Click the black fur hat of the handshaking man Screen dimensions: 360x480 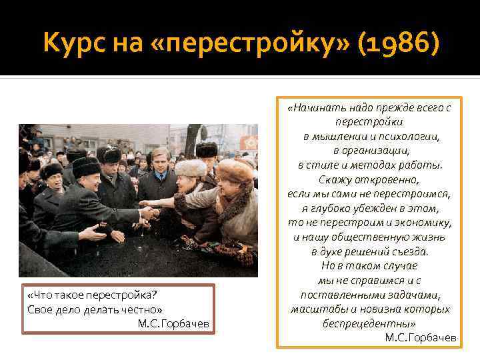pyautogui.click(x=86, y=167)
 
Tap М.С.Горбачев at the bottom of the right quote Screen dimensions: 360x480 pyautogui.click(x=421, y=337)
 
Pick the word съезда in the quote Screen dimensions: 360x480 pyautogui.click(x=409, y=251)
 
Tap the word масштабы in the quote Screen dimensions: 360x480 pyautogui.click(x=315, y=309)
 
